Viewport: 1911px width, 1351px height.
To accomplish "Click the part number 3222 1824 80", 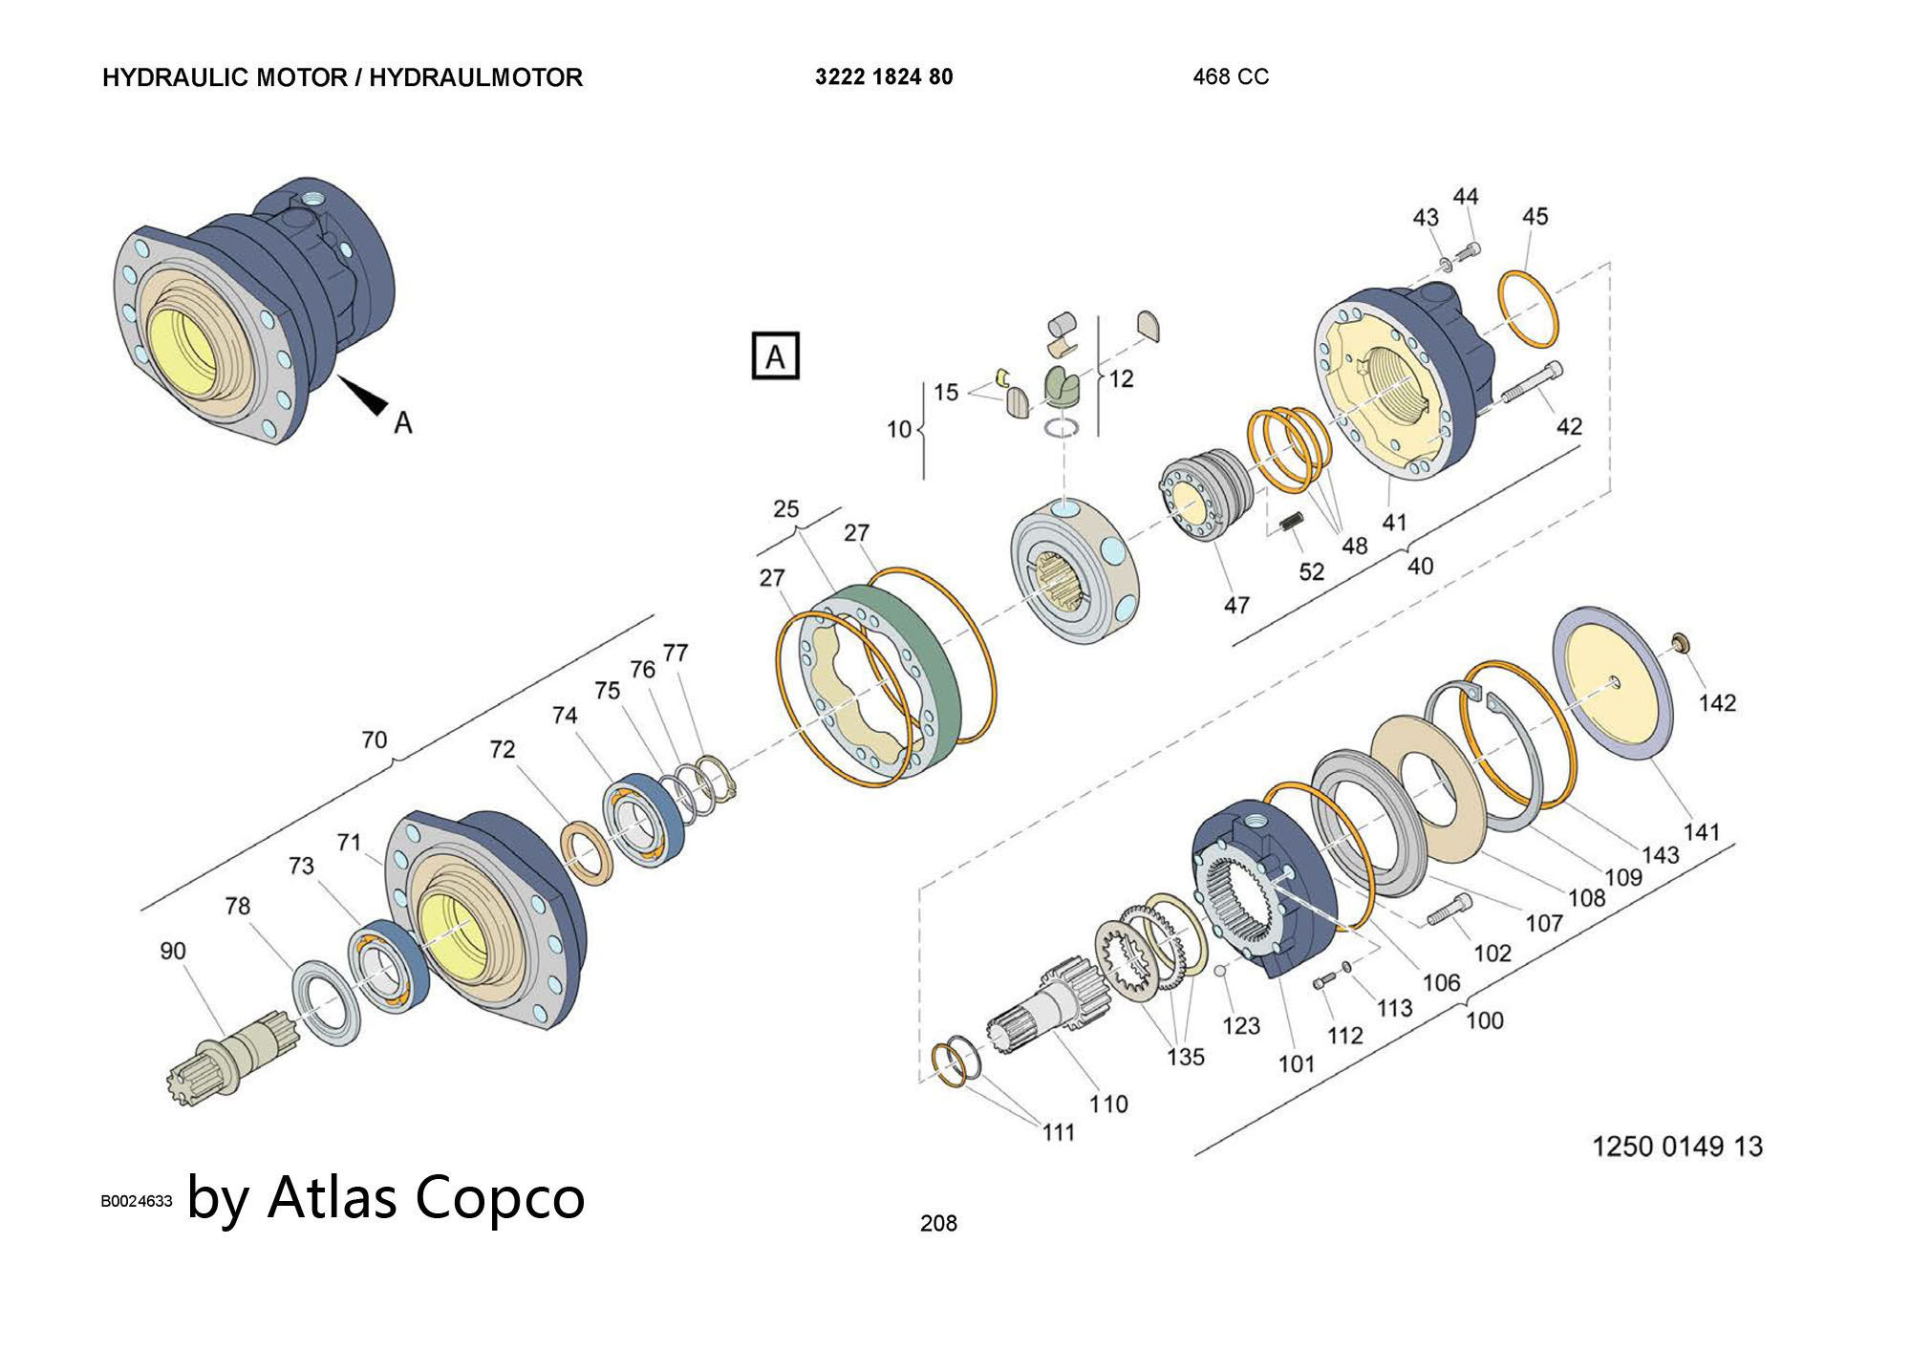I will (x=884, y=77).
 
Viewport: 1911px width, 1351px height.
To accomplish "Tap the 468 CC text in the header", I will (x=1231, y=77).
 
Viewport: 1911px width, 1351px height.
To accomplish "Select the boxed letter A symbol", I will (x=775, y=357).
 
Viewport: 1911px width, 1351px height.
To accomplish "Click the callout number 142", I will (x=1717, y=703).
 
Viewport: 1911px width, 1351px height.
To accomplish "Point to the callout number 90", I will (x=173, y=951).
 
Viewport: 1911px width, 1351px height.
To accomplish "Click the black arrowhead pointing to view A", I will (x=364, y=395).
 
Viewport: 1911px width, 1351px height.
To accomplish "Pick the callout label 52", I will (x=1312, y=571).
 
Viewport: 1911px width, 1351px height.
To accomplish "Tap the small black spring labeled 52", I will (x=1291, y=524).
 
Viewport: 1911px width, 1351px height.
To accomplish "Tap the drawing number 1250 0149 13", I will (x=1677, y=1146).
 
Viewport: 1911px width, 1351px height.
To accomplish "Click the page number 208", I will (x=938, y=1223).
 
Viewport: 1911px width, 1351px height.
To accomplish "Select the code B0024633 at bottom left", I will (x=137, y=1201).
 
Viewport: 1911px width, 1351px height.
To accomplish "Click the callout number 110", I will (x=1108, y=1104).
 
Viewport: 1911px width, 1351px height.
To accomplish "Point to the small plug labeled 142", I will (x=1680, y=640).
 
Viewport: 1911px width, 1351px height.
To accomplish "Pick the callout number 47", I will (x=1236, y=606).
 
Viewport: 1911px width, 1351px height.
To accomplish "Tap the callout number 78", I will (x=237, y=906).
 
